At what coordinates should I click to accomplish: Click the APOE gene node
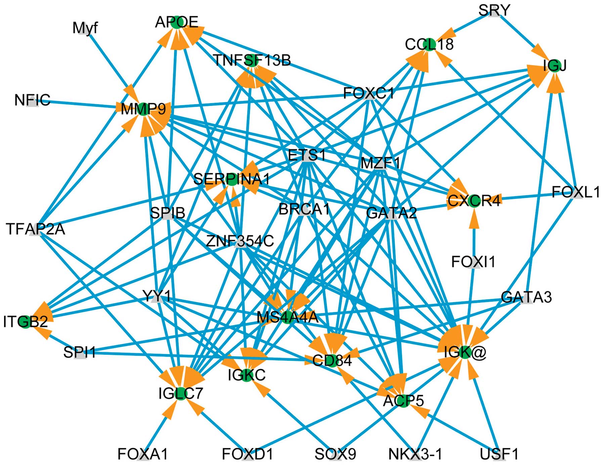point(176,23)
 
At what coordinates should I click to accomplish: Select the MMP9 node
point(143,109)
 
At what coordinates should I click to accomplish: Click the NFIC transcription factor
point(32,100)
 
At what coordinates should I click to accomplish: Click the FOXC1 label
point(369,93)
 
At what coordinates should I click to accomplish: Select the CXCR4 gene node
point(474,201)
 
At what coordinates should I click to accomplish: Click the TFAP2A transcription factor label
point(35,229)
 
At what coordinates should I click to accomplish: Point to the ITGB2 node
point(26,322)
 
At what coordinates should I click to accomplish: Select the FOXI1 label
point(473,262)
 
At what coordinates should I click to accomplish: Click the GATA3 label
point(526,297)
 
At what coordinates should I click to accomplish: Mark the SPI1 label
point(80,353)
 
